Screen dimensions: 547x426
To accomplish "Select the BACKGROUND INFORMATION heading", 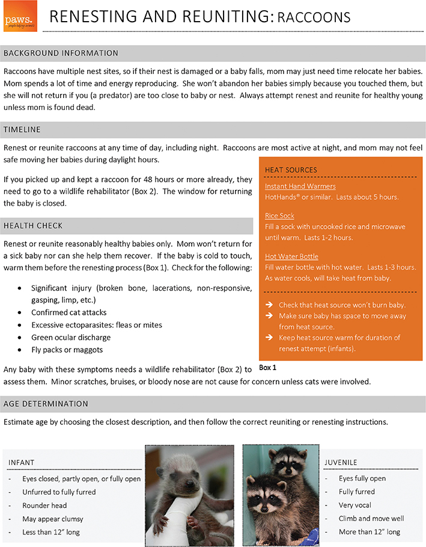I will tap(61, 54).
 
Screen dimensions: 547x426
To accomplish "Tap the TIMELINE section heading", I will tap(23, 129).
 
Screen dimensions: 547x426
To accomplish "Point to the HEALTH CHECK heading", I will tap(33, 226).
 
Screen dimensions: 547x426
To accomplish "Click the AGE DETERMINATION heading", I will tap(46, 403).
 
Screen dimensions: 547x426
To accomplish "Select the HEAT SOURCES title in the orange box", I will tap(291, 170).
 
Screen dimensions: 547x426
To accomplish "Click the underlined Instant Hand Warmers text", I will tap(300, 187).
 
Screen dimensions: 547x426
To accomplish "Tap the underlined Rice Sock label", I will tap(279, 216).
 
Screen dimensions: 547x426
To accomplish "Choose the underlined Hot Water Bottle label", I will tap(291, 256).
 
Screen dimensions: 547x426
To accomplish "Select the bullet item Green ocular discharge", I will tap(72, 337).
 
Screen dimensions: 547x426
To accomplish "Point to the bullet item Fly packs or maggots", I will tap(67, 350).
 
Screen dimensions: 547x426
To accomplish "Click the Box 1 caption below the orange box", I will tap(268, 366).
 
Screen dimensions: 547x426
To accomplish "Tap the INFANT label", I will tap(22, 462).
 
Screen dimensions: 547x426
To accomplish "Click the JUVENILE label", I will tap(341, 462).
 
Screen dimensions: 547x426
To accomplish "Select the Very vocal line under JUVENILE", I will tap(355, 505).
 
